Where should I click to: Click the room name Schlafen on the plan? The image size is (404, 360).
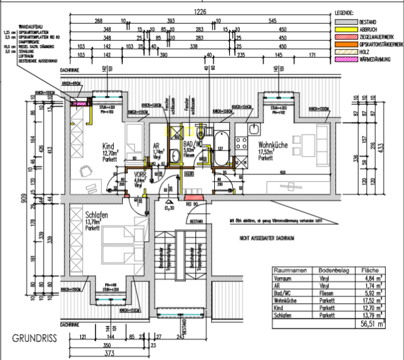(x=98, y=216)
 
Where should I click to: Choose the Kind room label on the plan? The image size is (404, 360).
(x=108, y=147)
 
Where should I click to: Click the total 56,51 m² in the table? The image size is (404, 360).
(x=372, y=325)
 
